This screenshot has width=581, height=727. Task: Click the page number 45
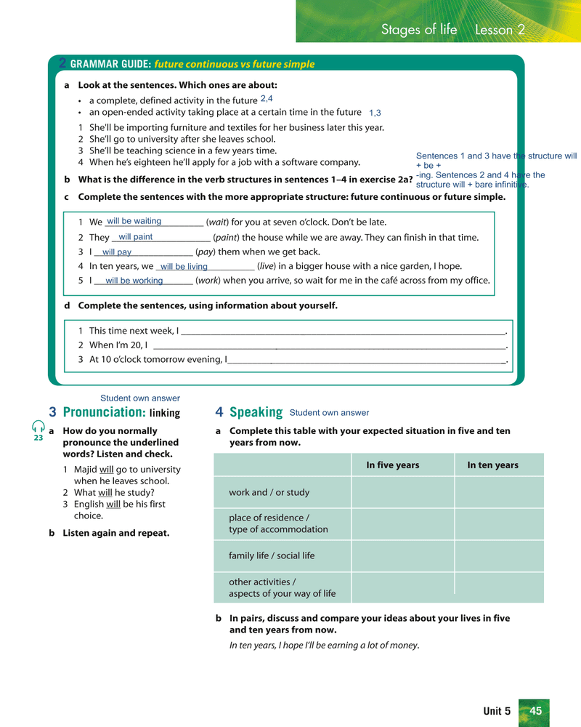[x=536, y=711]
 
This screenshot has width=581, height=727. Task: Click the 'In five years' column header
[x=392, y=465]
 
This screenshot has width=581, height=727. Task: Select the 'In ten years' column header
[x=492, y=465]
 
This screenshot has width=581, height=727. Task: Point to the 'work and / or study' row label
[x=269, y=492]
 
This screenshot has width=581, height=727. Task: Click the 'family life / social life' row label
[x=272, y=555]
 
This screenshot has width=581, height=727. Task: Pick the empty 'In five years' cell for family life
[x=403, y=556]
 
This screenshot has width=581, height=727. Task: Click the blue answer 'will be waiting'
[x=134, y=221]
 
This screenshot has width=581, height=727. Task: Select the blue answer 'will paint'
[x=135, y=237]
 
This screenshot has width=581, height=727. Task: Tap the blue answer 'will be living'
[x=184, y=267]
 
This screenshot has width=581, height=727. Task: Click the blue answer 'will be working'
[x=134, y=281]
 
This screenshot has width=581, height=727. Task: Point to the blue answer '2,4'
[x=267, y=98]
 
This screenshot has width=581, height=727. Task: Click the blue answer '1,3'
[x=375, y=113]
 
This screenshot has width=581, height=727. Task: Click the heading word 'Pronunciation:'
[x=105, y=412]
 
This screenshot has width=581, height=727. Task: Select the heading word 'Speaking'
[x=256, y=412]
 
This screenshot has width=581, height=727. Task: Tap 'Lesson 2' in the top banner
[x=500, y=30]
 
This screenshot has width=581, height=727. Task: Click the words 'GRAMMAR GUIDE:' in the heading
[x=110, y=64]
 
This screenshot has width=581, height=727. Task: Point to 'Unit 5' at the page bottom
[x=497, y=711]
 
